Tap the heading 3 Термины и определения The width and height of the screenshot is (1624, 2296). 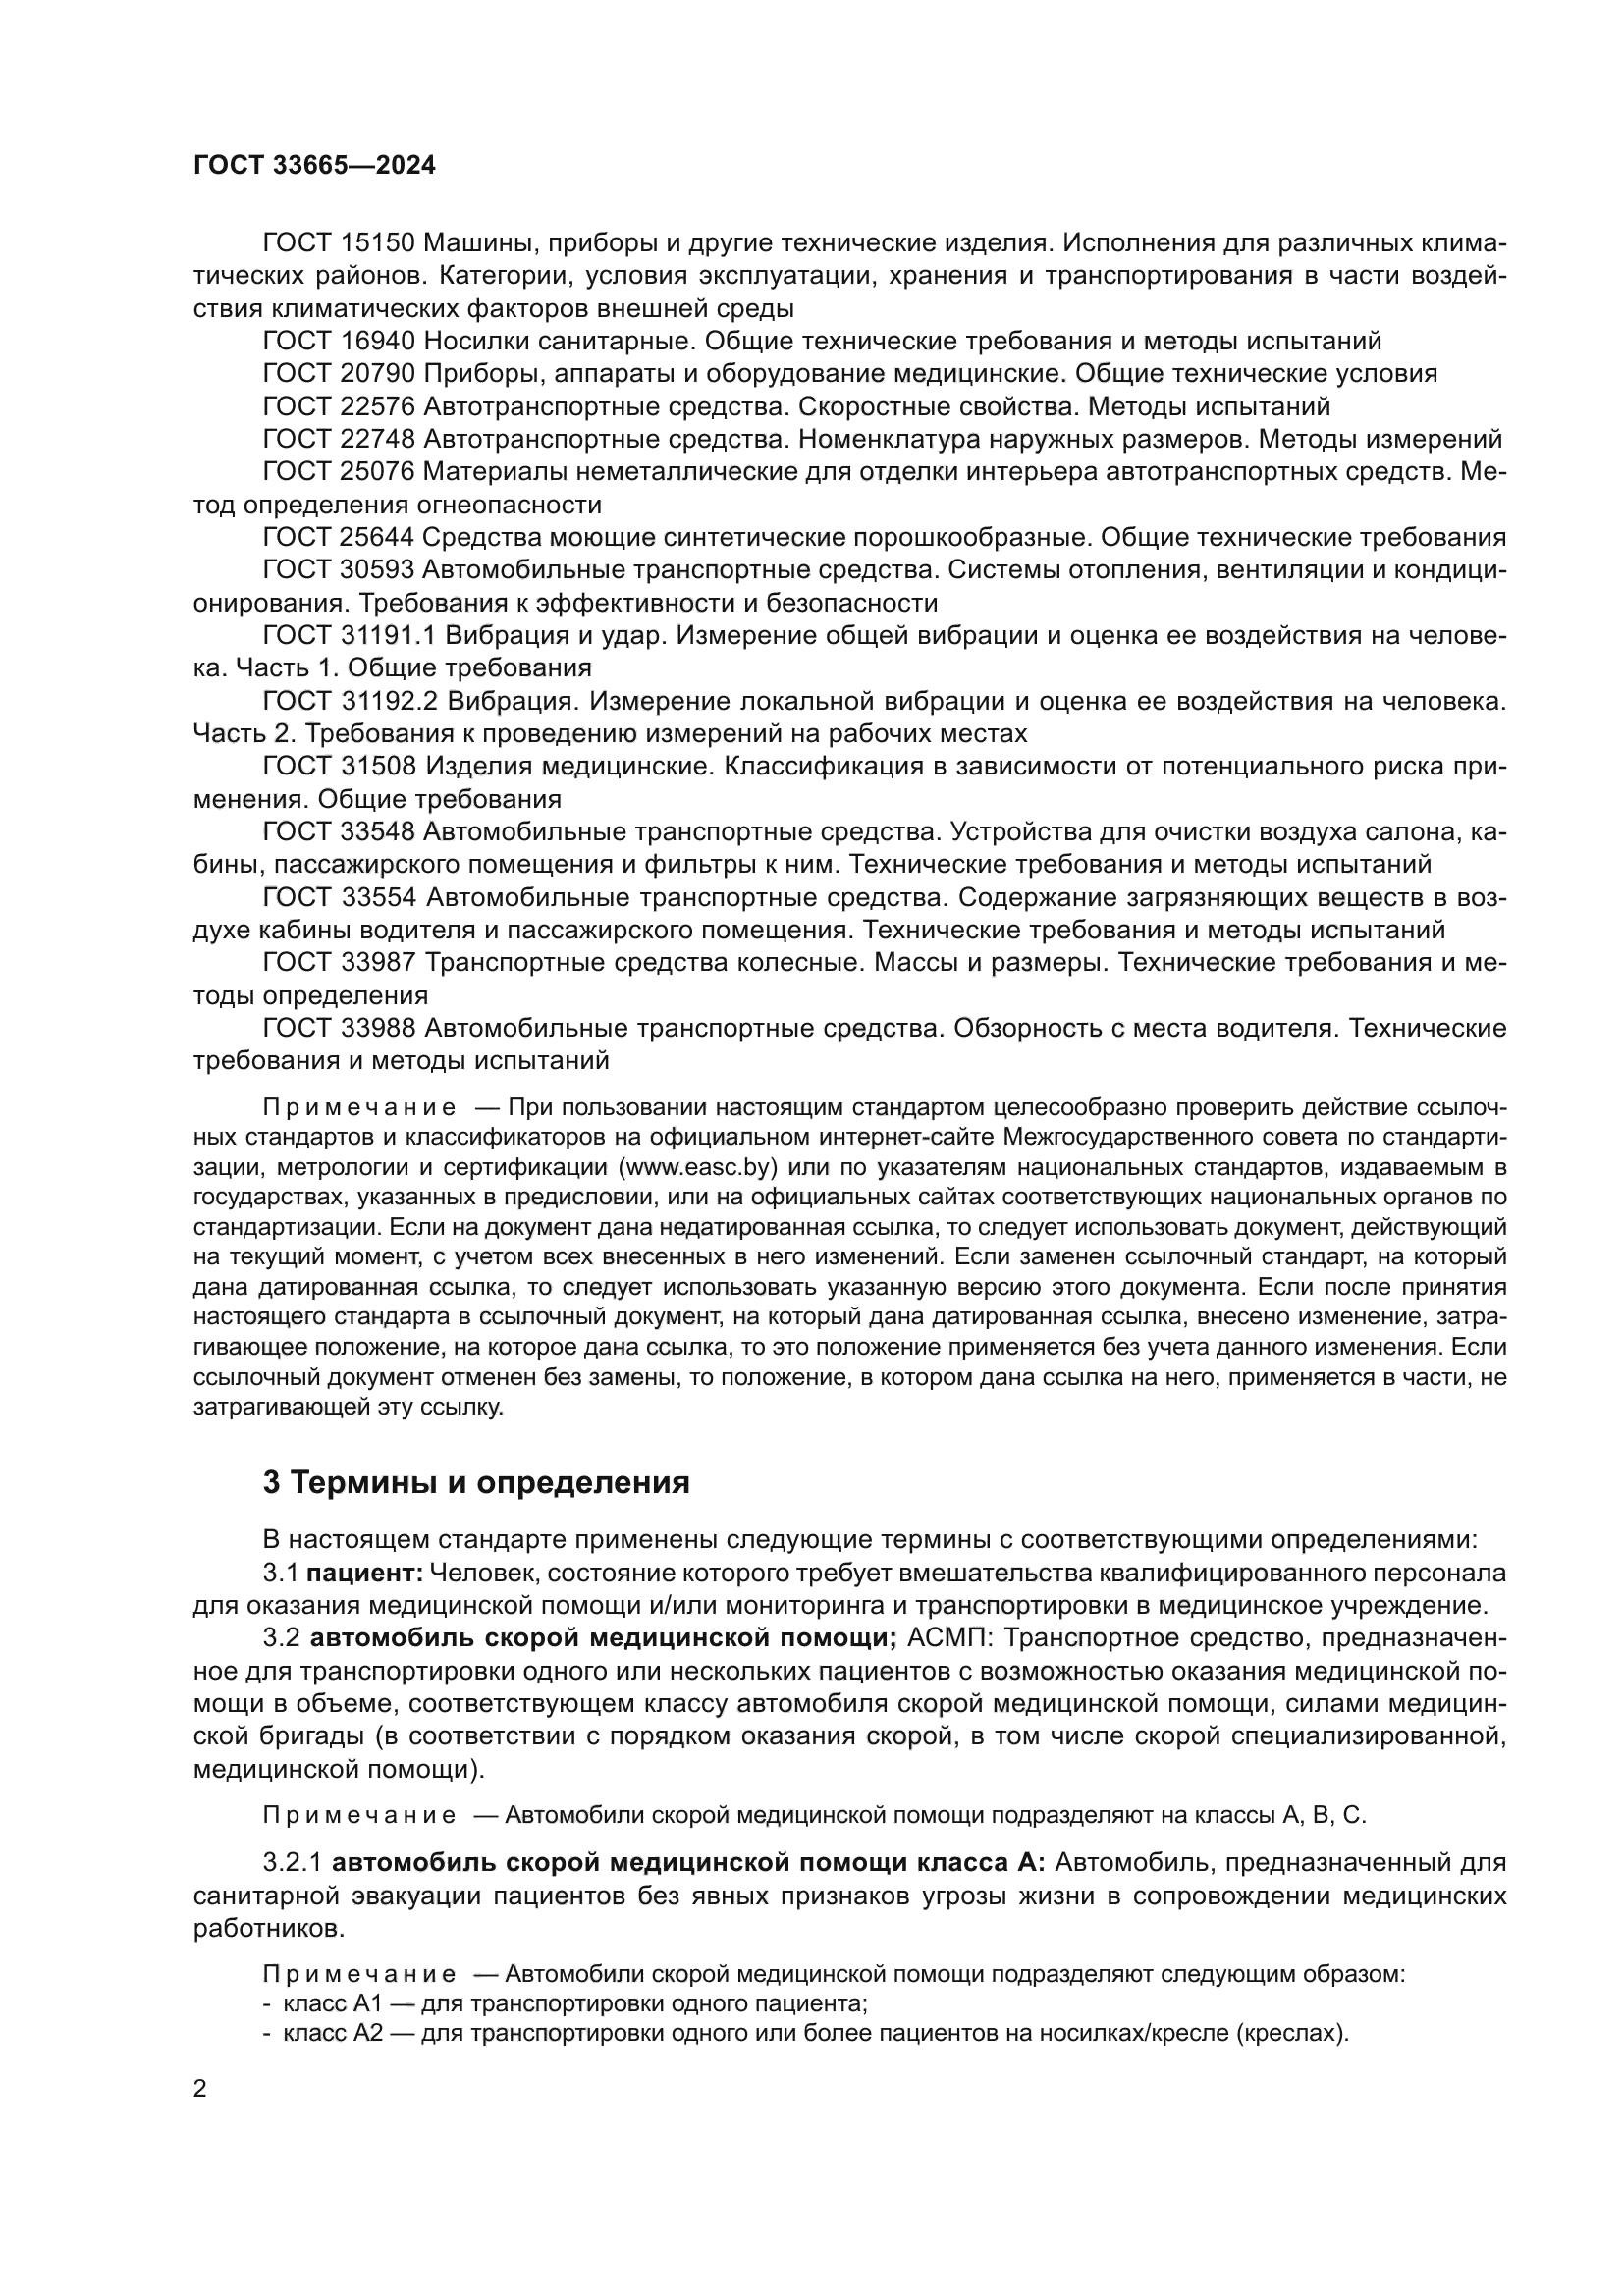pos(476,1482)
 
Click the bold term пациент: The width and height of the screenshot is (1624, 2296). pos(365,1573)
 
